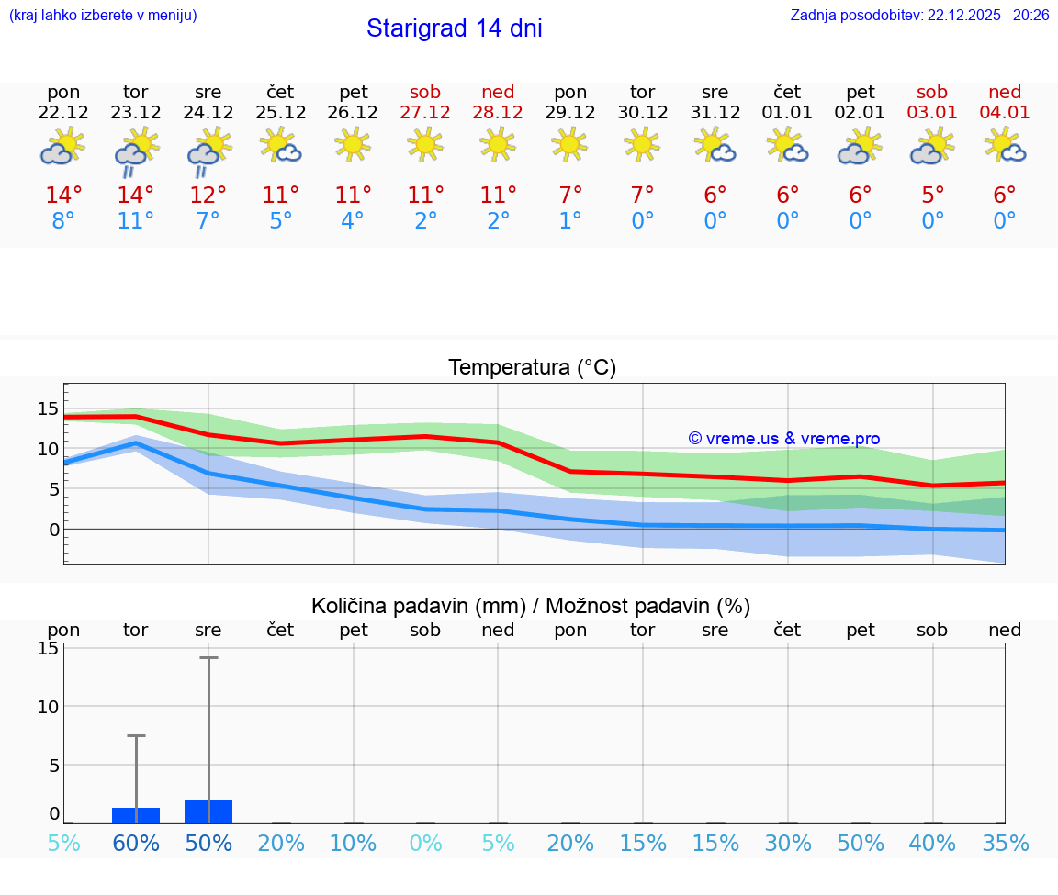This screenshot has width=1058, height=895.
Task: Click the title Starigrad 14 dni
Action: [x=454, y=28]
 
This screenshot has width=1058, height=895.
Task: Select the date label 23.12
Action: [x=135, y=113]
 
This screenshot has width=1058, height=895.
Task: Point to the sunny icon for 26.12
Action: [x=353, y=144]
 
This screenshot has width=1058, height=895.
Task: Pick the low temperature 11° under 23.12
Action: [x=135, y=220]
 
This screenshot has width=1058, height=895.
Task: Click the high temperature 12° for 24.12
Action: [x=208, y=195]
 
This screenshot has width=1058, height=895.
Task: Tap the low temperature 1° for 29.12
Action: [x=569, y=220]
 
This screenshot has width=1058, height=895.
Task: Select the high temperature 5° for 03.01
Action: [x=932, y=195]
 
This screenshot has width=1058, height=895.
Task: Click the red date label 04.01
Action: [x=1005, y=113]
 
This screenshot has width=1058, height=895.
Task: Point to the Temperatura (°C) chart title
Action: [x=532, y=367]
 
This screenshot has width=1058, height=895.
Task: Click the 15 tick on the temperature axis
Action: [x=48, y=408]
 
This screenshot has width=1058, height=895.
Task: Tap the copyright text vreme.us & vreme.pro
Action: [x=783, y=439]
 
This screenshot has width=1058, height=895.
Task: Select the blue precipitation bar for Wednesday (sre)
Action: [x=208, y=811]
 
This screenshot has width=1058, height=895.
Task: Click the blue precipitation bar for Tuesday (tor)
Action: [x=136, y=815]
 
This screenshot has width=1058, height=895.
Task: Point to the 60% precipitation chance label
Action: [x=135, y=844]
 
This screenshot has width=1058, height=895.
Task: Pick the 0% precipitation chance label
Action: [x=425, y=844]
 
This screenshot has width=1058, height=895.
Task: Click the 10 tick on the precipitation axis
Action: [x=48, y=706]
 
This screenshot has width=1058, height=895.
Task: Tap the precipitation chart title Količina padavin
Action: [x=531, y=606]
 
